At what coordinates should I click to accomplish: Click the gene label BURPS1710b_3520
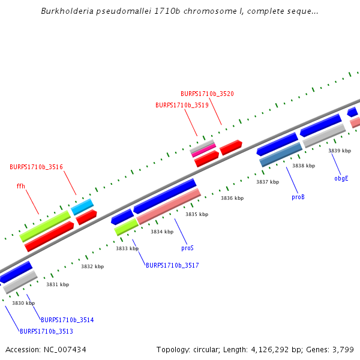207,94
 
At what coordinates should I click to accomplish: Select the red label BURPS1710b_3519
182,105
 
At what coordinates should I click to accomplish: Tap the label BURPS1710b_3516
36,167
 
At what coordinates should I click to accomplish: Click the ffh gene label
20,186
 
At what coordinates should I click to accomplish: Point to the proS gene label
187,247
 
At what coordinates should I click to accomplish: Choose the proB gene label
298,197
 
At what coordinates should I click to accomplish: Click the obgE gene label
341,178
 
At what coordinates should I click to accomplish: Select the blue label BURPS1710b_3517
172,265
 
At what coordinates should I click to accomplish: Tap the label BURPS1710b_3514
67,320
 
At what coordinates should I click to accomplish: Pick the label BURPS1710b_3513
46,331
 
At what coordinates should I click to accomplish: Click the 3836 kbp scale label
232,198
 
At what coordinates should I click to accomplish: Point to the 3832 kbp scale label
92,266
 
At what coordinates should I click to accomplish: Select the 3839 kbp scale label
340,151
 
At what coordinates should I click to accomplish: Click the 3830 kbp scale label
23,303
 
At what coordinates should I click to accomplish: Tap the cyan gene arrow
83,207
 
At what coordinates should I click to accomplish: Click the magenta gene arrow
203,150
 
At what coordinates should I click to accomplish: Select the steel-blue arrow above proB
281,155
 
